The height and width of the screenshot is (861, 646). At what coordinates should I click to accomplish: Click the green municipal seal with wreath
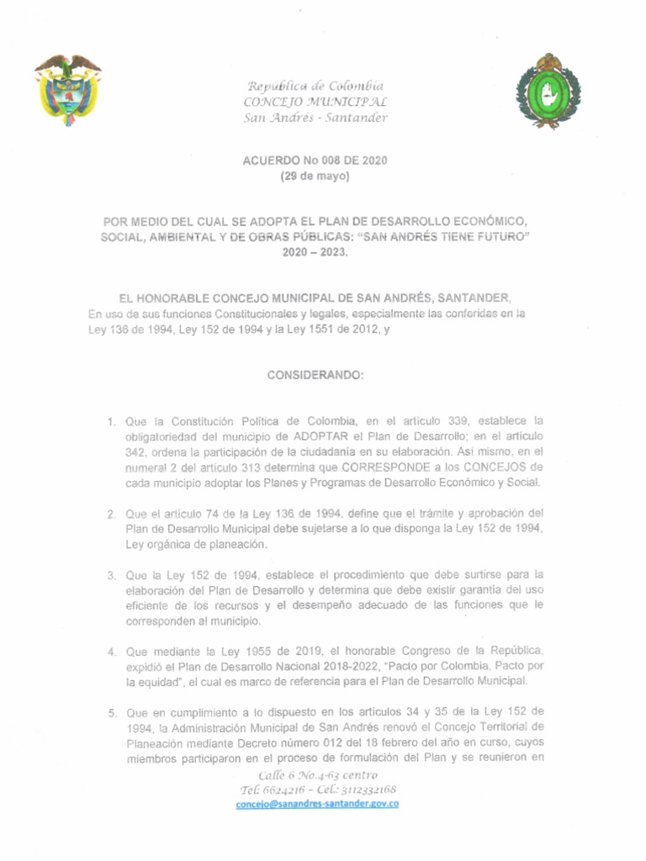click(x=548, y=92)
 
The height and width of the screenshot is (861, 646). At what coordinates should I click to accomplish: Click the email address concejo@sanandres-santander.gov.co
click(x=317, y=804)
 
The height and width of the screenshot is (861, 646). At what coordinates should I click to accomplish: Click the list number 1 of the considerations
click(x=111, y=420)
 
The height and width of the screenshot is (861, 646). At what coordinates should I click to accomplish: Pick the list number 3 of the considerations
click(x=111, y=575)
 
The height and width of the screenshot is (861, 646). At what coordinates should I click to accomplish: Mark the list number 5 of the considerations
click(x=111, y=714)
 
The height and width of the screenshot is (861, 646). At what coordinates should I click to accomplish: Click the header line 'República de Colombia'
click(x=315, y=87)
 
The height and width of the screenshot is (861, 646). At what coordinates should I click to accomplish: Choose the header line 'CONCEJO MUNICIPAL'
click(x=315, y=102)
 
